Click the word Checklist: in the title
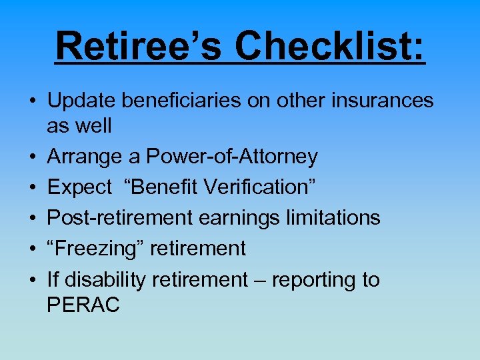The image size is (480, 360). tap(330, 45)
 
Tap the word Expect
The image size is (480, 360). tap(80, 187)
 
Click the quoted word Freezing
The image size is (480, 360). tap(97, 249)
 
